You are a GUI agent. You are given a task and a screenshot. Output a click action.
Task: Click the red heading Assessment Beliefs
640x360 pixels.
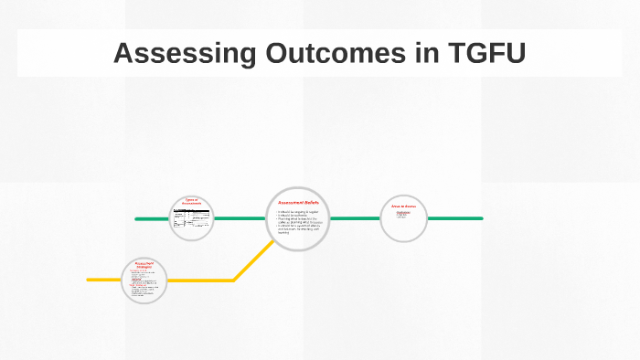tap(298, 202)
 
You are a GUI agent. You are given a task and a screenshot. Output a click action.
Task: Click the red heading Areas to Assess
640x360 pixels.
tap(403, 206)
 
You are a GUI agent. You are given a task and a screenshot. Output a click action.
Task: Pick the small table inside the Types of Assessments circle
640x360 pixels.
tap(191, 219)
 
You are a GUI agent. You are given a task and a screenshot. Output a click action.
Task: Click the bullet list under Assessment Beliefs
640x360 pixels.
tap(298, 222)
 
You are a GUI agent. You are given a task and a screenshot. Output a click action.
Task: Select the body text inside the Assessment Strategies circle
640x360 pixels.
tap(144, 283)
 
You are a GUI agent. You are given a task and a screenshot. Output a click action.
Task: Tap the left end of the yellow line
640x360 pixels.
tap(90, 280)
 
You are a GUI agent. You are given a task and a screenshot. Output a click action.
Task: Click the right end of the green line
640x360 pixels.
tap(480, 218)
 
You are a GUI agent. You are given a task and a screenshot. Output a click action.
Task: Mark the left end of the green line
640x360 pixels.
tap(137, 219)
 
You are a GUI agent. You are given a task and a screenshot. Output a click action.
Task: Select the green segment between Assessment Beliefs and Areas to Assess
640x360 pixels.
tap(354, 218)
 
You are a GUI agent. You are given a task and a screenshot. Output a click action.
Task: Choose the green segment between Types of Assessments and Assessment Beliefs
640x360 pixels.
tap(240, 218)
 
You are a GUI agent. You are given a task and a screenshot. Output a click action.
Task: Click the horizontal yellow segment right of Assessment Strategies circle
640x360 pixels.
tap(201, 280)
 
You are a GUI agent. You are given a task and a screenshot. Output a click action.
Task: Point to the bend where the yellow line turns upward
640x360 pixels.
tap(234, 279)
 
